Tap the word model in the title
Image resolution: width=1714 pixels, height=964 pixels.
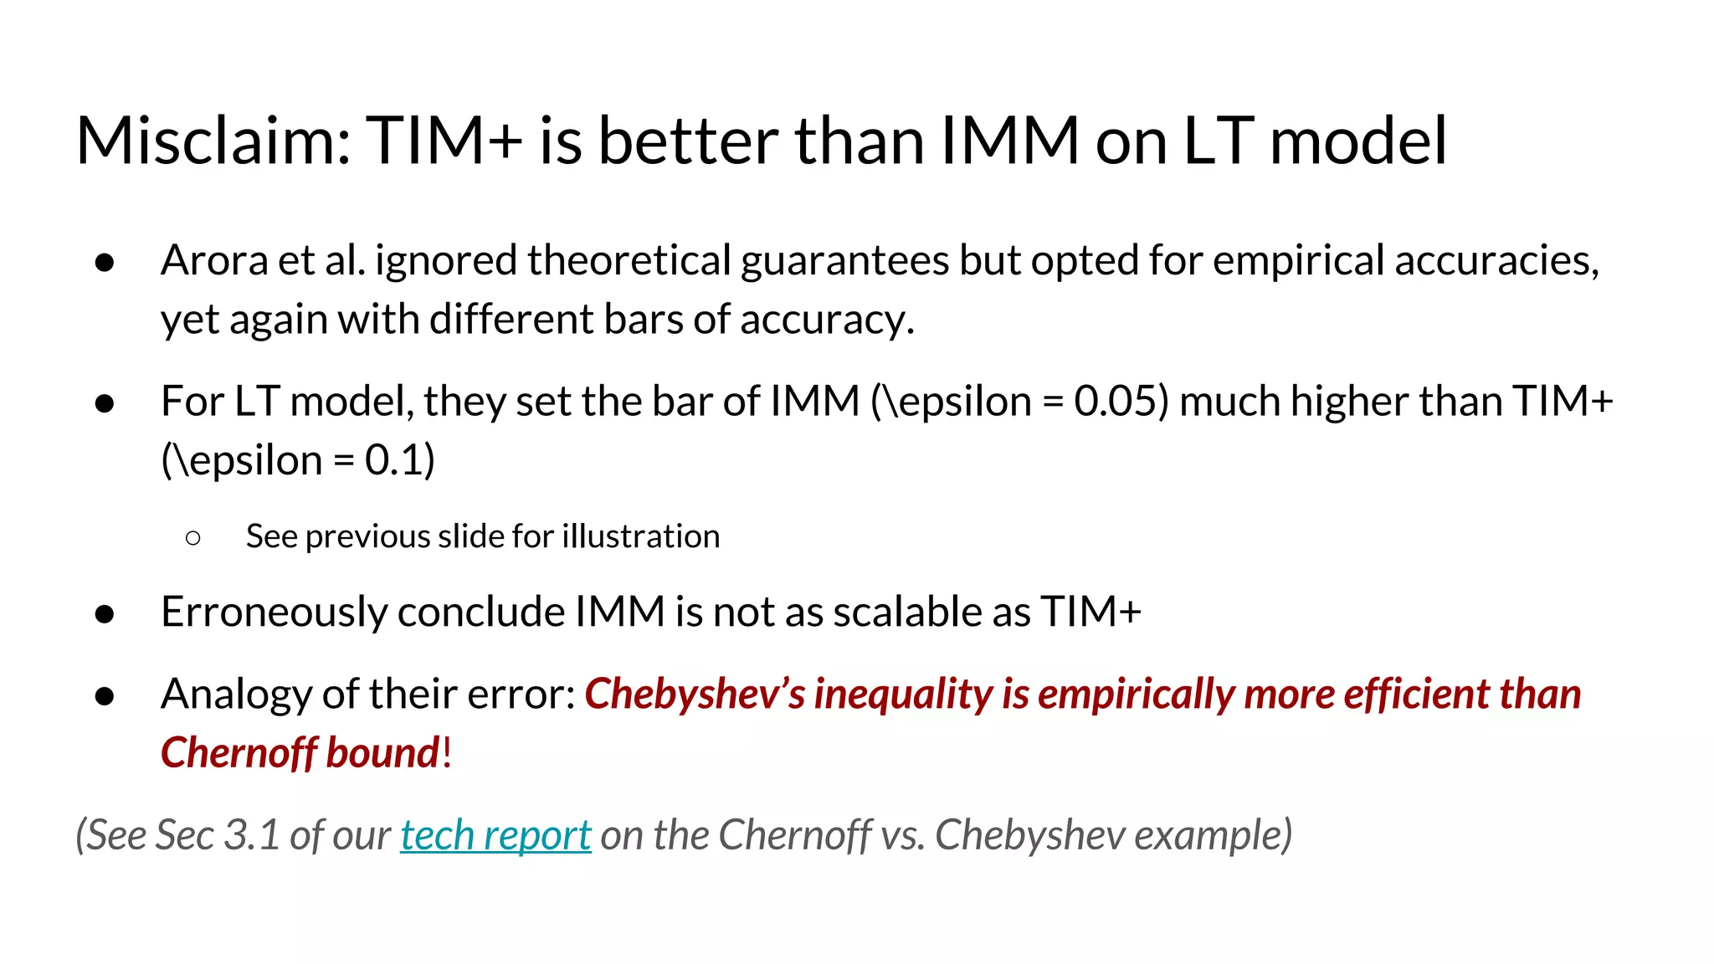pos(1357,141)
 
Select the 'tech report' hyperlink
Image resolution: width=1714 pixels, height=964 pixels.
pos(495,835)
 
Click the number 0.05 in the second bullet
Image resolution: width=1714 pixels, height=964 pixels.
pos(1120,402)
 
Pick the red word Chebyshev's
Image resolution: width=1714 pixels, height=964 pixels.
pos(695,695)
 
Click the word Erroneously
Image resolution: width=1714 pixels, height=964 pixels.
pos(274,612)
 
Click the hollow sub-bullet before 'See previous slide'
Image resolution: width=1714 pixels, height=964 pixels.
pos(193,538)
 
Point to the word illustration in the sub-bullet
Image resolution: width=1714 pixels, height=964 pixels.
pos(640,536)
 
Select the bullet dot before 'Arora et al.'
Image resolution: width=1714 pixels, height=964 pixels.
pos(105,263)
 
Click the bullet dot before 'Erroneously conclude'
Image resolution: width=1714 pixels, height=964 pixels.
pos(105,614)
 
